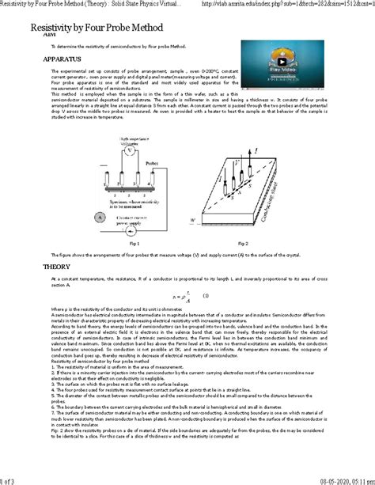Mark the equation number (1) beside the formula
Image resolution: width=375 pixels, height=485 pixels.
pyautogui.click(x=204, y=297)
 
